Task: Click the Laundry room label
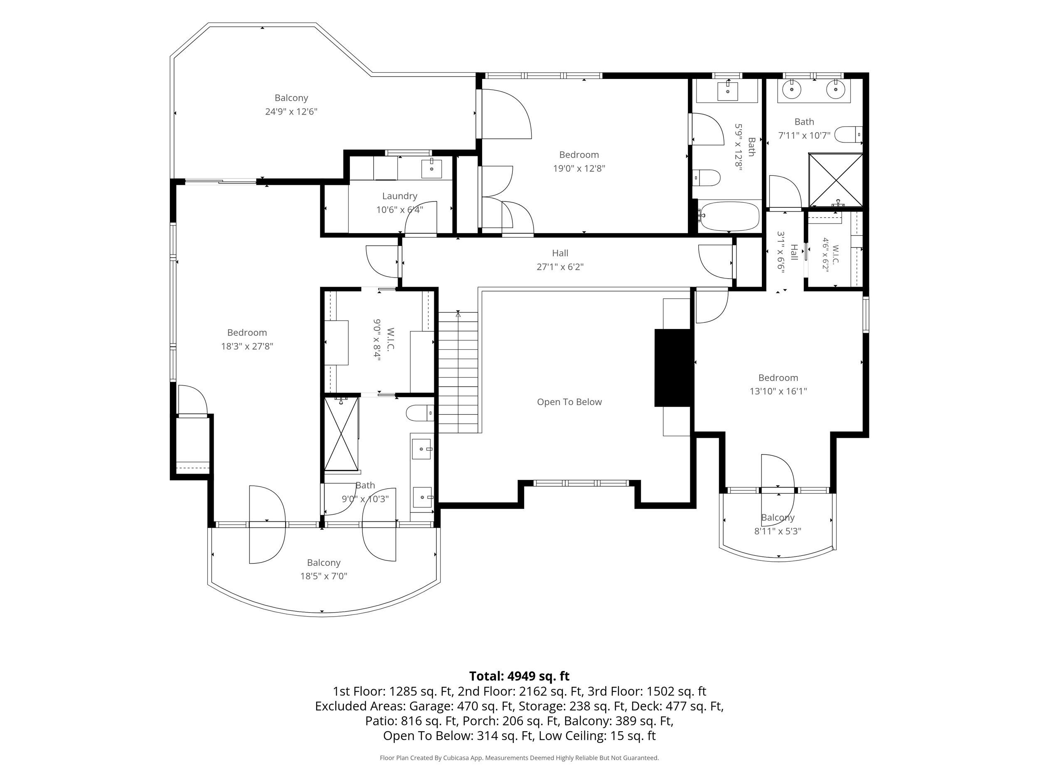pyautogui.click(x=399, y=196)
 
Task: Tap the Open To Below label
pyautogui.click(x=569, y=402)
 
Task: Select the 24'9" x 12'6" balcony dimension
pyautogui.click(x=291, y=112)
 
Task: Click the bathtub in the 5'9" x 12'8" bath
pyautogui.click(x=729, y=216)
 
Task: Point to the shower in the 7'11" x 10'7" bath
pyautogui.click(x=836, y=180)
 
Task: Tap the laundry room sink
pyautogui.click(x=431, y=169)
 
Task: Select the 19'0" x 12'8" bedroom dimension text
pyautogui.click(x=579, y=169)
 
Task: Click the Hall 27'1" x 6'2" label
pyautogui.click(x=560, y=260)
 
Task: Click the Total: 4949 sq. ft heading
pyautogui.click(x=519, y=676)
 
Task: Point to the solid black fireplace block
pyautogui.click(x=674, y=368)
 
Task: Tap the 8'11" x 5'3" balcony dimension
pyautogui.click(x=778, y=531)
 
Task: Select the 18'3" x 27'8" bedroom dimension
pyautogui.click(x=247, y=346)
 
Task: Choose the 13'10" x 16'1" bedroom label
pyautogui.click(x=778, y=385)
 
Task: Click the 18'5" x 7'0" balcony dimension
pyautogui.click(x=324, y=576)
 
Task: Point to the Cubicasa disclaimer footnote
pyautogui.click(x=519, y=758)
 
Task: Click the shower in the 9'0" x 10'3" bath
pyautogui.click(x=342, y=433)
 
